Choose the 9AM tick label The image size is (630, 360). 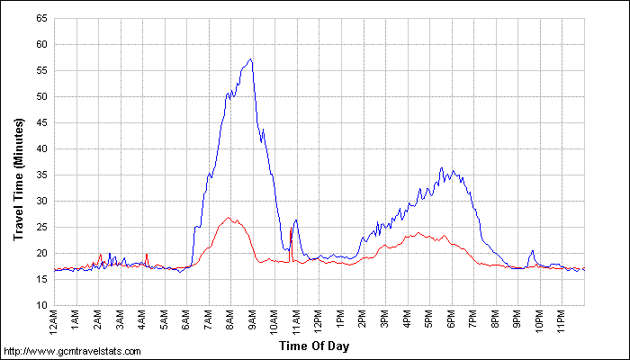click(x=253, y=319)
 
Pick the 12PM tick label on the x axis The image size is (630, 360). click(x=319, y=320)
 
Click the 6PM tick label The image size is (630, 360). click(x=451, y=319)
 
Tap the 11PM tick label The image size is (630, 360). click(x=562, y=320)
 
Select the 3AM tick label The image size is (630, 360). click(x=121, y=319)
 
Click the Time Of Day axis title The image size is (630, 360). click(x=319, y=344)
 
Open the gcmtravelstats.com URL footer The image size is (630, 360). click(x=73, y=351)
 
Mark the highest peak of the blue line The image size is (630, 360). click(x=251, y=59)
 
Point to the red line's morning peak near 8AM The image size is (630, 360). click(x=229, y=217)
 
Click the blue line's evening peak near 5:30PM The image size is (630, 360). click(x=441, y=167)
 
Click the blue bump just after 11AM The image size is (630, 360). click(x=295, y=220)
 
